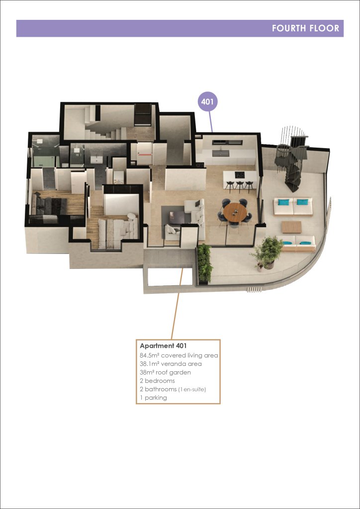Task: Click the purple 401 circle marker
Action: pyautogui.click(x=207, y=101)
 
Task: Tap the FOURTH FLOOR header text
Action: pyautogui.click(x=305, y=28)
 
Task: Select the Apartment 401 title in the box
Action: pyautogui.click(x=163, y=346)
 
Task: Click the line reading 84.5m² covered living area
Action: pyautogui.click(x=179, y=355)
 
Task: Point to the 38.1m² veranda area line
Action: pyautogui.click(x=171, y=364)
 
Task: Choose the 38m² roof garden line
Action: pyautogui.click(x=165, y=372)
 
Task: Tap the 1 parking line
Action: pyautogui.click(x=153, y=398)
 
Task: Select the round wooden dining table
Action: pyautogui.click(x=235, y=212)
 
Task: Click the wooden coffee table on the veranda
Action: pyautogui.click(x=291, y=227)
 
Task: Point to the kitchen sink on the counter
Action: pyautogui.click(x=221, y=153)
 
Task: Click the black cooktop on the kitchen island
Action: pyautogui.click(x=240, y=175)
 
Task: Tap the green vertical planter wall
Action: pyautogui.click(x=204, y=263)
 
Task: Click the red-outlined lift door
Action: pyautogui.click(x=145, y=155)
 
